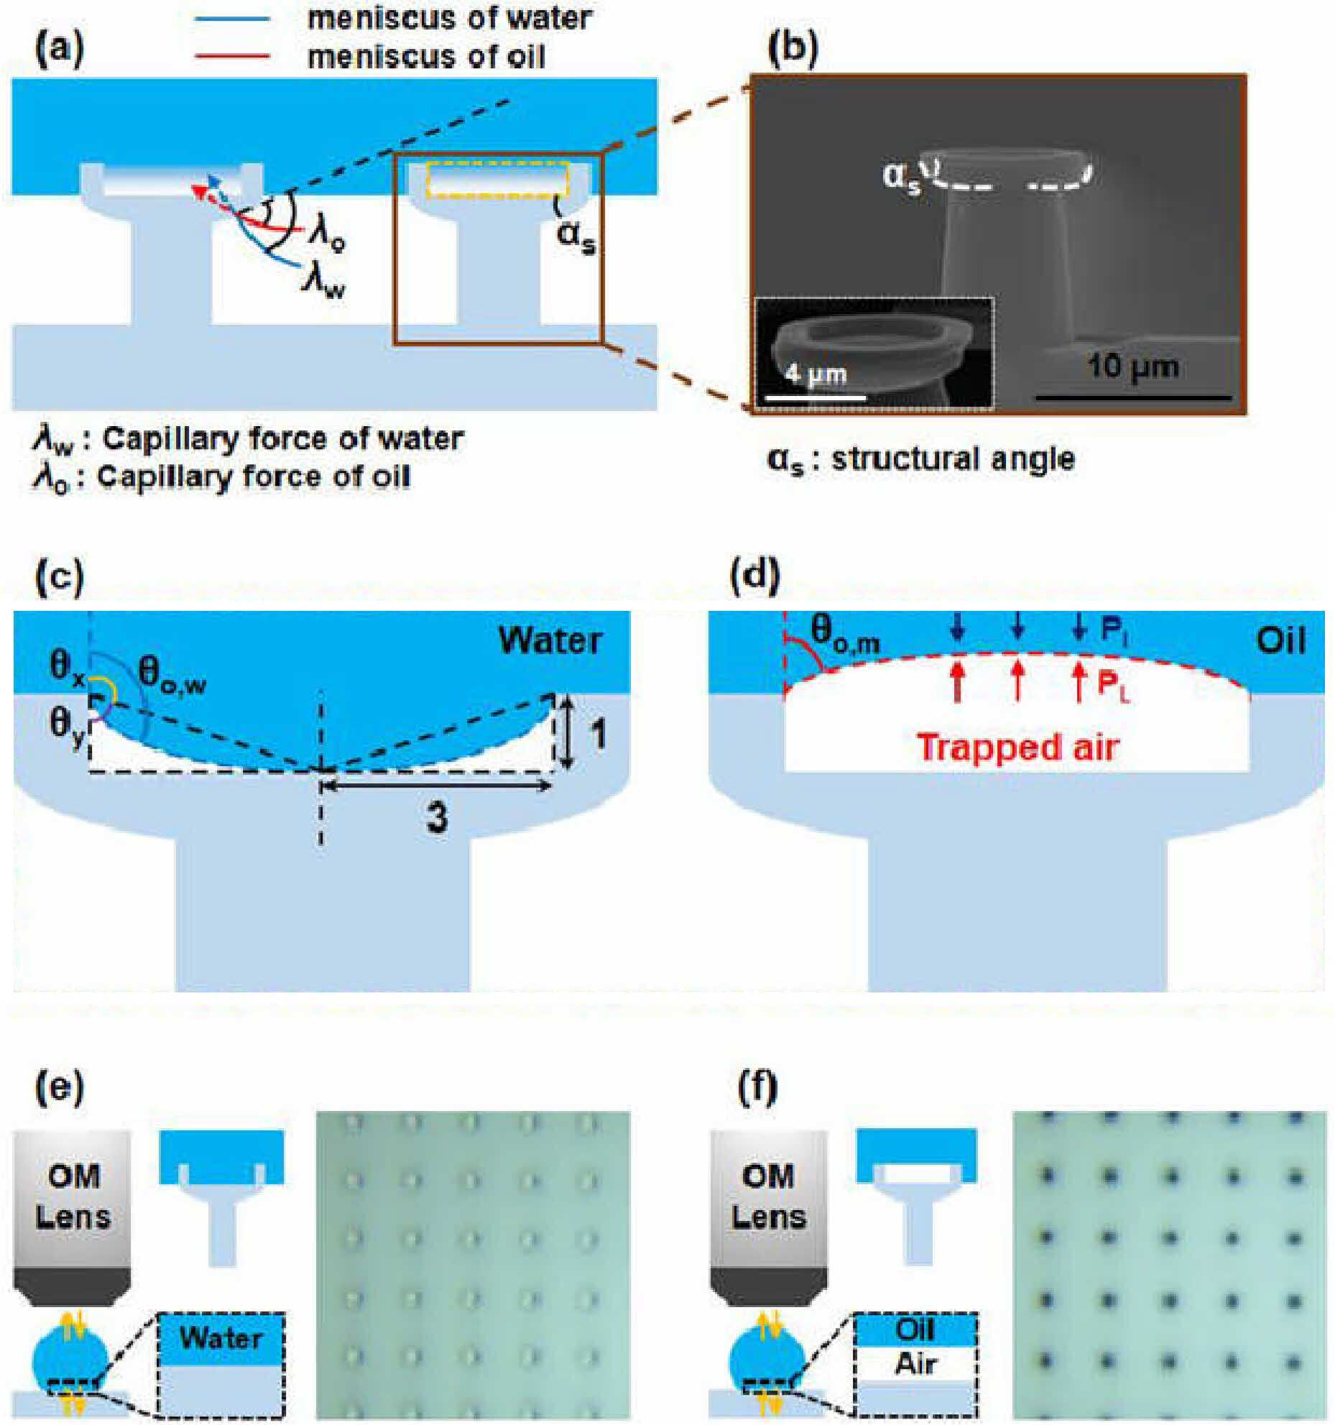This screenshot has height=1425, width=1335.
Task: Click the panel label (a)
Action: pyautogui.click(x=60, y=50)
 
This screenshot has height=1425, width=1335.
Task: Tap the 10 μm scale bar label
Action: pyautogui.click(x=1133, y=367)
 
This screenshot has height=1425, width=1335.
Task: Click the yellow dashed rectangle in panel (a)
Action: pyautogui.click(x=497, y=180)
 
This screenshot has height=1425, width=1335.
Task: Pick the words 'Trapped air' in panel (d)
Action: pyautogui.click(x=1018, y=747)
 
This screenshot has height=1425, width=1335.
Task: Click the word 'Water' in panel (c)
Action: pyautogui.click(x=550, y=640)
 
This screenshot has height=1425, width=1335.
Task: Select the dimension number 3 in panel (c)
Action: pyautogui.click(x=438, y=816)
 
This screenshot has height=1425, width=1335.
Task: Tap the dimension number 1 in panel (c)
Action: pyautogui.click(x=596, y=734)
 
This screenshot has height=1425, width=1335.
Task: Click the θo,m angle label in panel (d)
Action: pyautogui.click(x=845, y=636)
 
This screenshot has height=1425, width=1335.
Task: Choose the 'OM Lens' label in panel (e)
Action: pyautogui.click(x=73, y=1196)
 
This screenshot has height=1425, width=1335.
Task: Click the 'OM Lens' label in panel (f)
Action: pyautogui.click(x=768, y=1196)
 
